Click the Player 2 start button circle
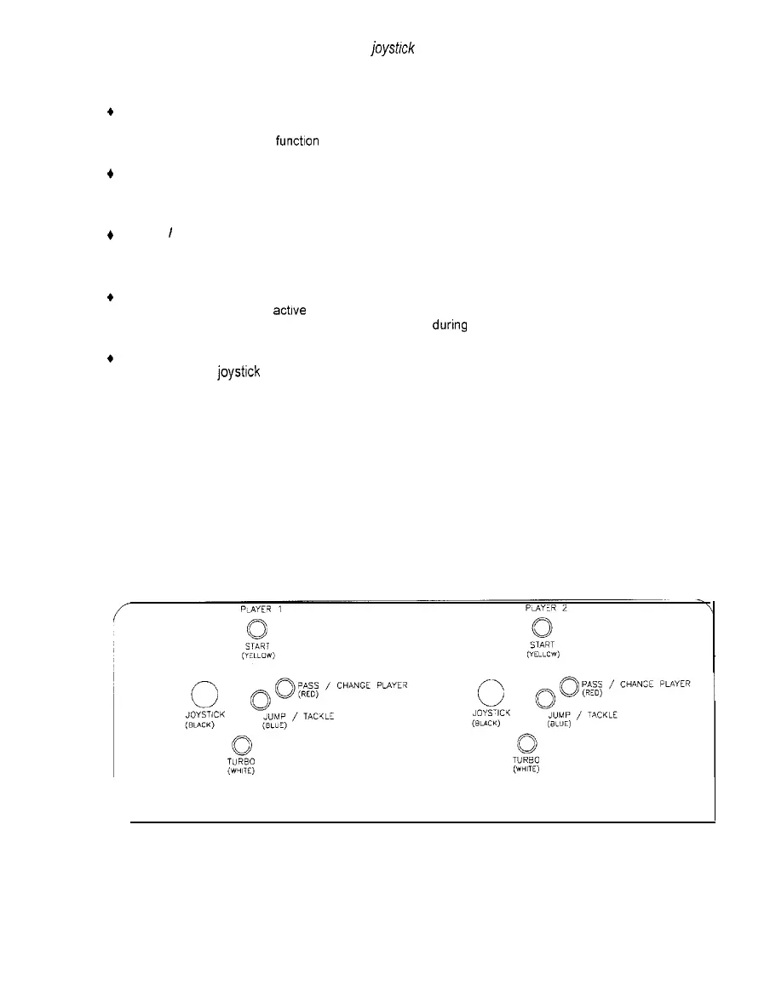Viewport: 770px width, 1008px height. coord(541,629)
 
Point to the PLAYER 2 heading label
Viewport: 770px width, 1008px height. coord(542,610)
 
